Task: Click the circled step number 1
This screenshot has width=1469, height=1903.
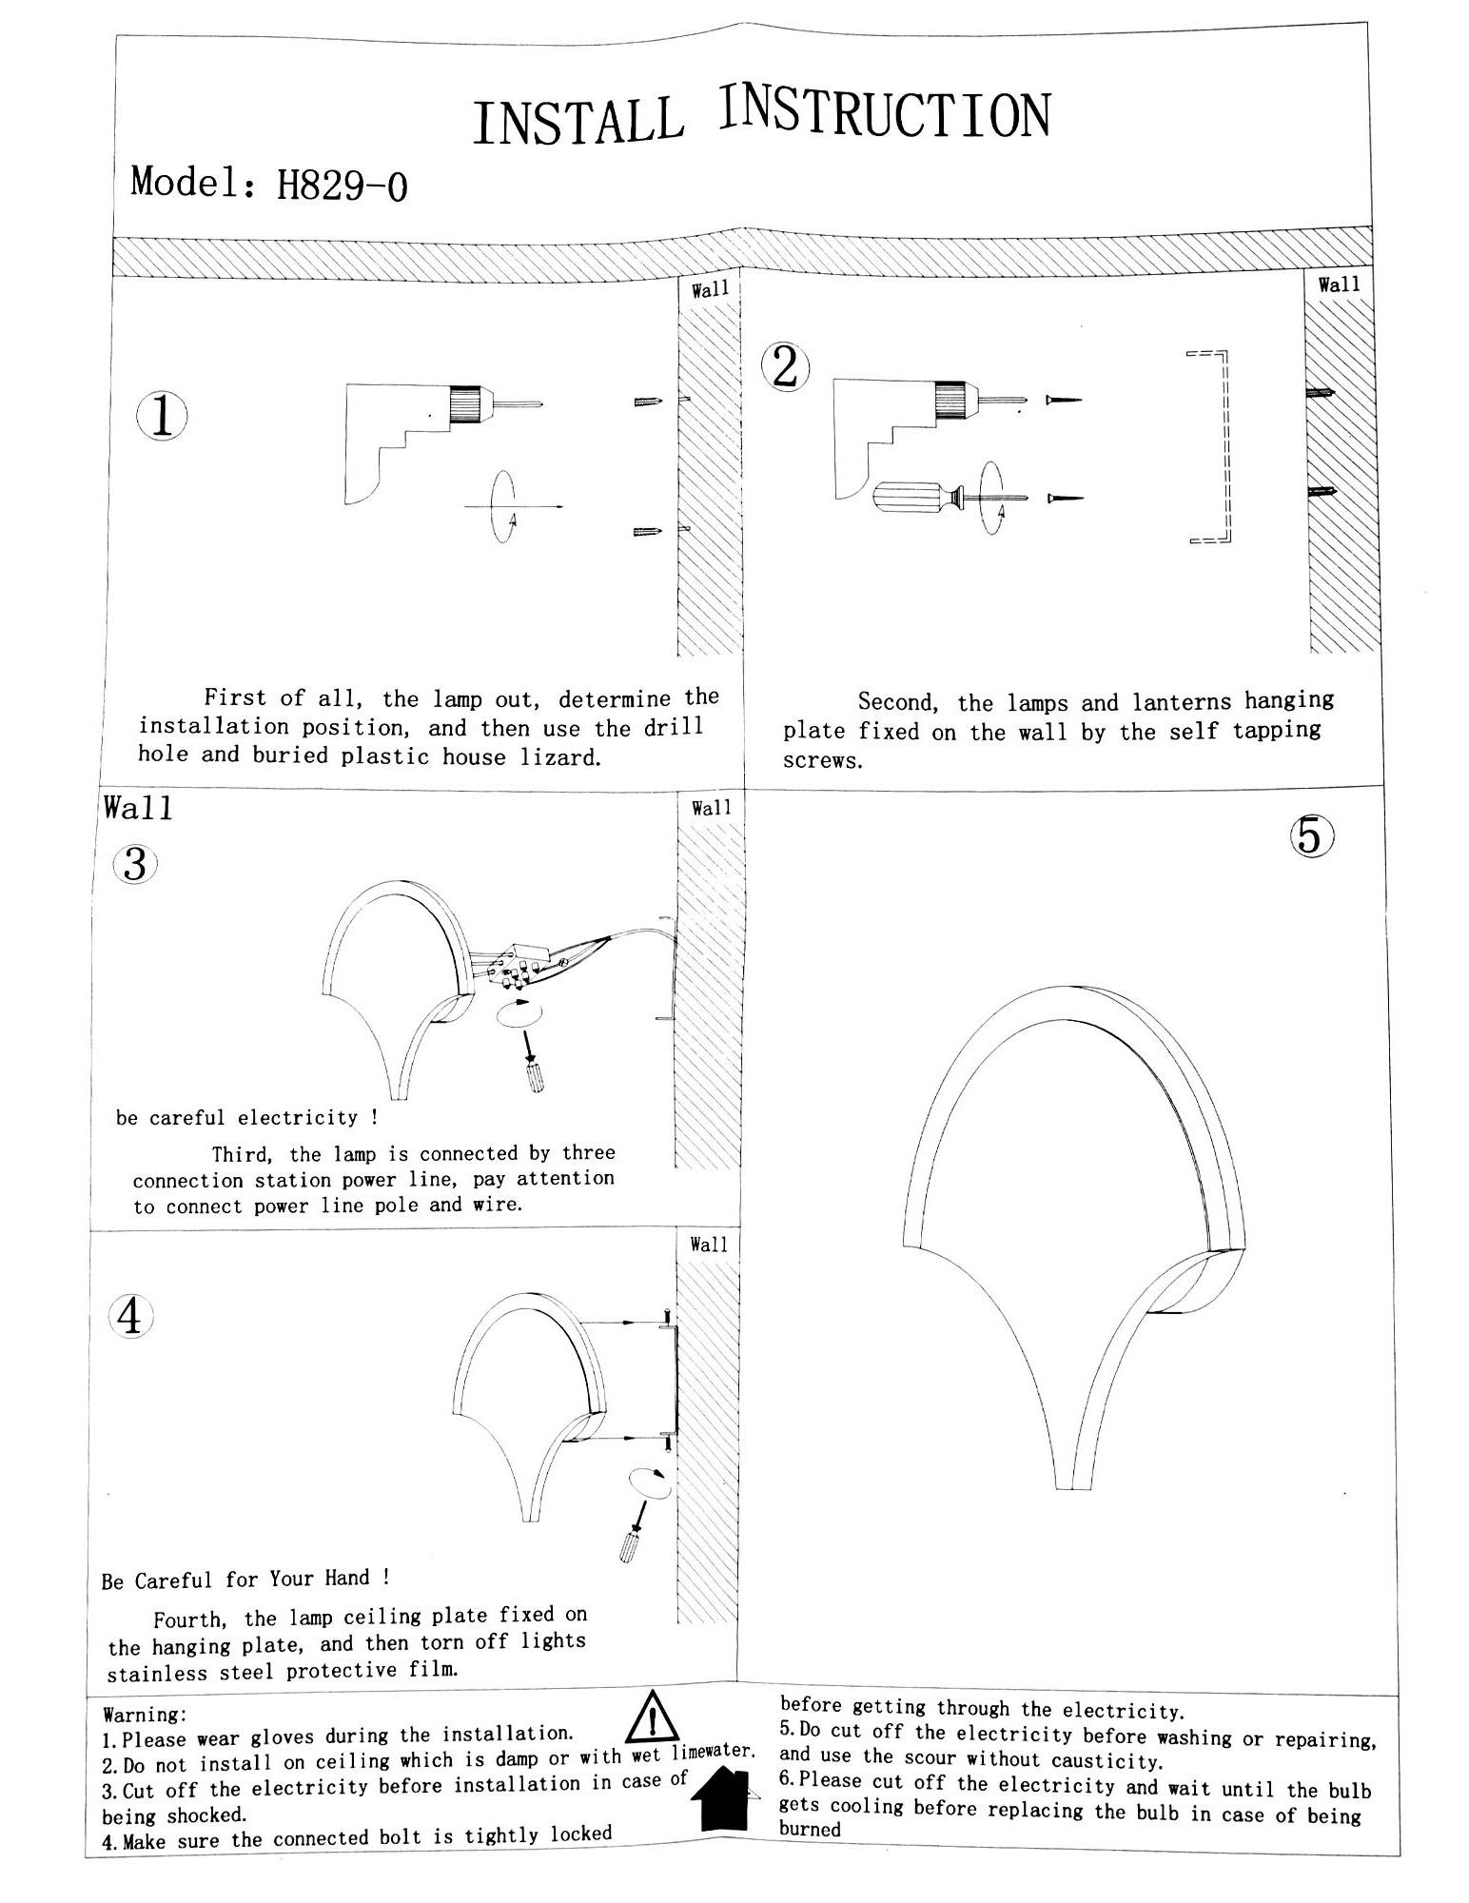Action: [x=162, y=417]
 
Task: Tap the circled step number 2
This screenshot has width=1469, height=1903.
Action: [x=785, y=366]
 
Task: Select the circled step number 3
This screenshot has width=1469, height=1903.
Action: [x=135, y=865]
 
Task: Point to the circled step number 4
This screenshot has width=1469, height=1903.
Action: [x=129, y=1317]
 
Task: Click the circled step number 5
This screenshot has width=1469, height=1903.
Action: [x=1312, y=836]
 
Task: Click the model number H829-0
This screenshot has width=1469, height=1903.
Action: [x=342, y=186]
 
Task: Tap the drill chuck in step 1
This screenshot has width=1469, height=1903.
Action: [x=466, y=403]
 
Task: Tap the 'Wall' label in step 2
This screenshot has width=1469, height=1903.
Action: [x=1339, y=284]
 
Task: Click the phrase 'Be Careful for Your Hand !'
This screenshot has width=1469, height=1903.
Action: [x=245, y=1579]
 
